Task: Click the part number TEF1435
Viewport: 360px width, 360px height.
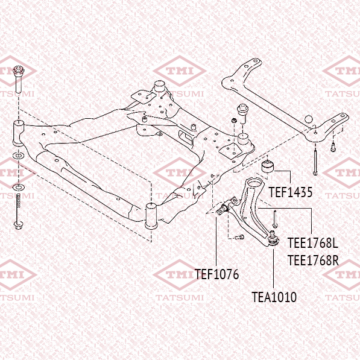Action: point(291,192)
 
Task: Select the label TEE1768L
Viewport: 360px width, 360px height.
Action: point(313,243)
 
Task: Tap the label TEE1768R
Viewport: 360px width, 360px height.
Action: point(313,261)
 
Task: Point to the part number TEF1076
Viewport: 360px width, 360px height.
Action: point(216,274)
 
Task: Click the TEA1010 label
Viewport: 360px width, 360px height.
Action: point(274,297)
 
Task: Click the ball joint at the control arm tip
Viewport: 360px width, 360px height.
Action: point(273,239)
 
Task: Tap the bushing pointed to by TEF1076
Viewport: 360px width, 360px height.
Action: point(223,207)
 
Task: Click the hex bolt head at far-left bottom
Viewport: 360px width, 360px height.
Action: point(18,225)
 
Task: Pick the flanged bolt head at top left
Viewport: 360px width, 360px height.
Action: point(19,71)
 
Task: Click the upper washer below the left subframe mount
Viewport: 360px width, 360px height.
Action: point(18,156)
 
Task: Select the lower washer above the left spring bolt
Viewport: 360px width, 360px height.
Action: point(18,187)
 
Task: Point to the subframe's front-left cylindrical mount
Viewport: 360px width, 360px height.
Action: point(19,133)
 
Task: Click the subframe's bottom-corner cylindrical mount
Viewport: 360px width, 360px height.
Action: point(151,216)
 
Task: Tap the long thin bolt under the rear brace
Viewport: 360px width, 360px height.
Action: point(315,162)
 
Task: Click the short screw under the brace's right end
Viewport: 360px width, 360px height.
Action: point(333,147)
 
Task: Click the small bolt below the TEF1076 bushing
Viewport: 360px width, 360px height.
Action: point(240,237)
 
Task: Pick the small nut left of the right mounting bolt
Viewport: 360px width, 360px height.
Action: point(234,120)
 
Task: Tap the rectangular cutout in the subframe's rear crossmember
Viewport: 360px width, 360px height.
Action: point(186,137)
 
